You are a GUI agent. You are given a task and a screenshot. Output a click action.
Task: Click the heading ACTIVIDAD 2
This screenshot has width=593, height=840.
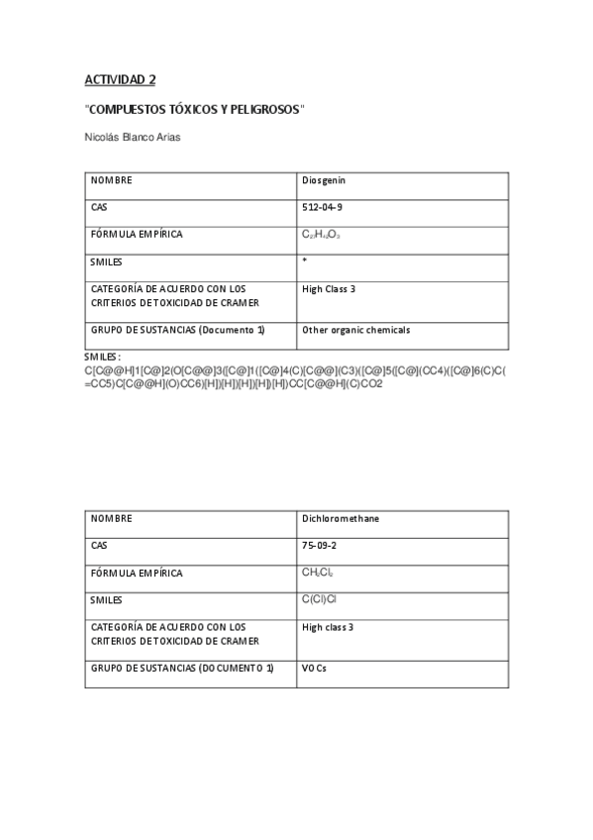119,78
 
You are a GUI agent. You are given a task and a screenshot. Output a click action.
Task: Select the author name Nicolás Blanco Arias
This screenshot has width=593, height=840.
133,137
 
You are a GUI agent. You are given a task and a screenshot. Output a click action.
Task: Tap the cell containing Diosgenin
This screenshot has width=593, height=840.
323,181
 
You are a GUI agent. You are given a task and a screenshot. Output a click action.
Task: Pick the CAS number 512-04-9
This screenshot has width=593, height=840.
322,208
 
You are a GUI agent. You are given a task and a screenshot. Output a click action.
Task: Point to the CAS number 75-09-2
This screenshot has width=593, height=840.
319,545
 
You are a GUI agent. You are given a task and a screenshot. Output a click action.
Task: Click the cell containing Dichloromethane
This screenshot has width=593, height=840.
340,518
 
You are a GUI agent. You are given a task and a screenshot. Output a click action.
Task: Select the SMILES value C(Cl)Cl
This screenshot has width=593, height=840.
322,598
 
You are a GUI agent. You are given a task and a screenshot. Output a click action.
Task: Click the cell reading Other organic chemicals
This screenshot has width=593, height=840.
355,330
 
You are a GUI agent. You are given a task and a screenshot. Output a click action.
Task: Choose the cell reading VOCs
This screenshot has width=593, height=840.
315,670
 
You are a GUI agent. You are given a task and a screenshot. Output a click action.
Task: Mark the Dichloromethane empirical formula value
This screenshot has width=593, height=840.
319,573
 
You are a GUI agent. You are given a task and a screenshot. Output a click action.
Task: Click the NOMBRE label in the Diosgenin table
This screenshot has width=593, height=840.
112,181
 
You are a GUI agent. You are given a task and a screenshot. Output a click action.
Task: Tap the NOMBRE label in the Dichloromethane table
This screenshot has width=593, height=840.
112,518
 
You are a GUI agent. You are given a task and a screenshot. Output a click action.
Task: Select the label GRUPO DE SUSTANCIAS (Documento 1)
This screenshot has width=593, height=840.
177,330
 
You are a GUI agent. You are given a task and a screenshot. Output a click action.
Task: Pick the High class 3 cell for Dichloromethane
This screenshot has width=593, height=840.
328,627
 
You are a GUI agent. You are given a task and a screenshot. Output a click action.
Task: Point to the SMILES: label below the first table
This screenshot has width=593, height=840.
103,356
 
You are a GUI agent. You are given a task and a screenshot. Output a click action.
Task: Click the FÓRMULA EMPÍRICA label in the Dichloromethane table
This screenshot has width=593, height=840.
137,573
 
